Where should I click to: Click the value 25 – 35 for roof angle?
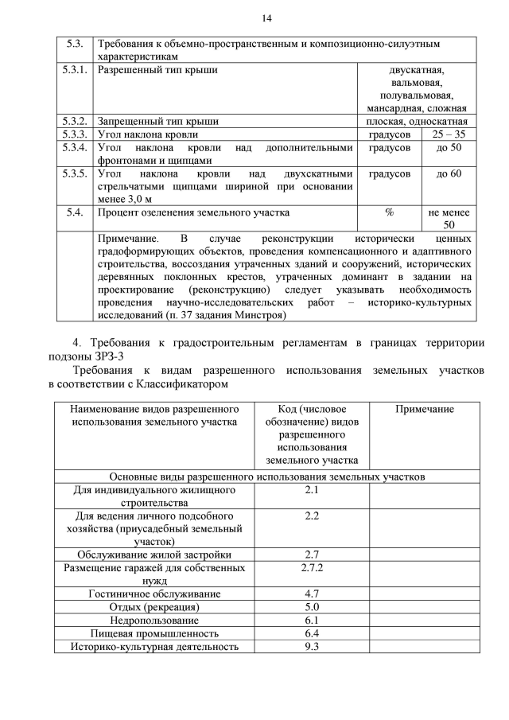tap(449, 134)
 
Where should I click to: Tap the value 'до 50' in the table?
tap(449, 148)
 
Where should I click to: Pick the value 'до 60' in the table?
tap(449, 173)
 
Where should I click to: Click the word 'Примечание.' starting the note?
tap(127, 239)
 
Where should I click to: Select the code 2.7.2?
tap(311, 569)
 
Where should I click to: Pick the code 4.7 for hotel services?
tap(311, 594)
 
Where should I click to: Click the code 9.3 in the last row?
tap(311, 646)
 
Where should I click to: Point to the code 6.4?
tap(311, 633)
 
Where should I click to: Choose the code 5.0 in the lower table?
tap(311, 607)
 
